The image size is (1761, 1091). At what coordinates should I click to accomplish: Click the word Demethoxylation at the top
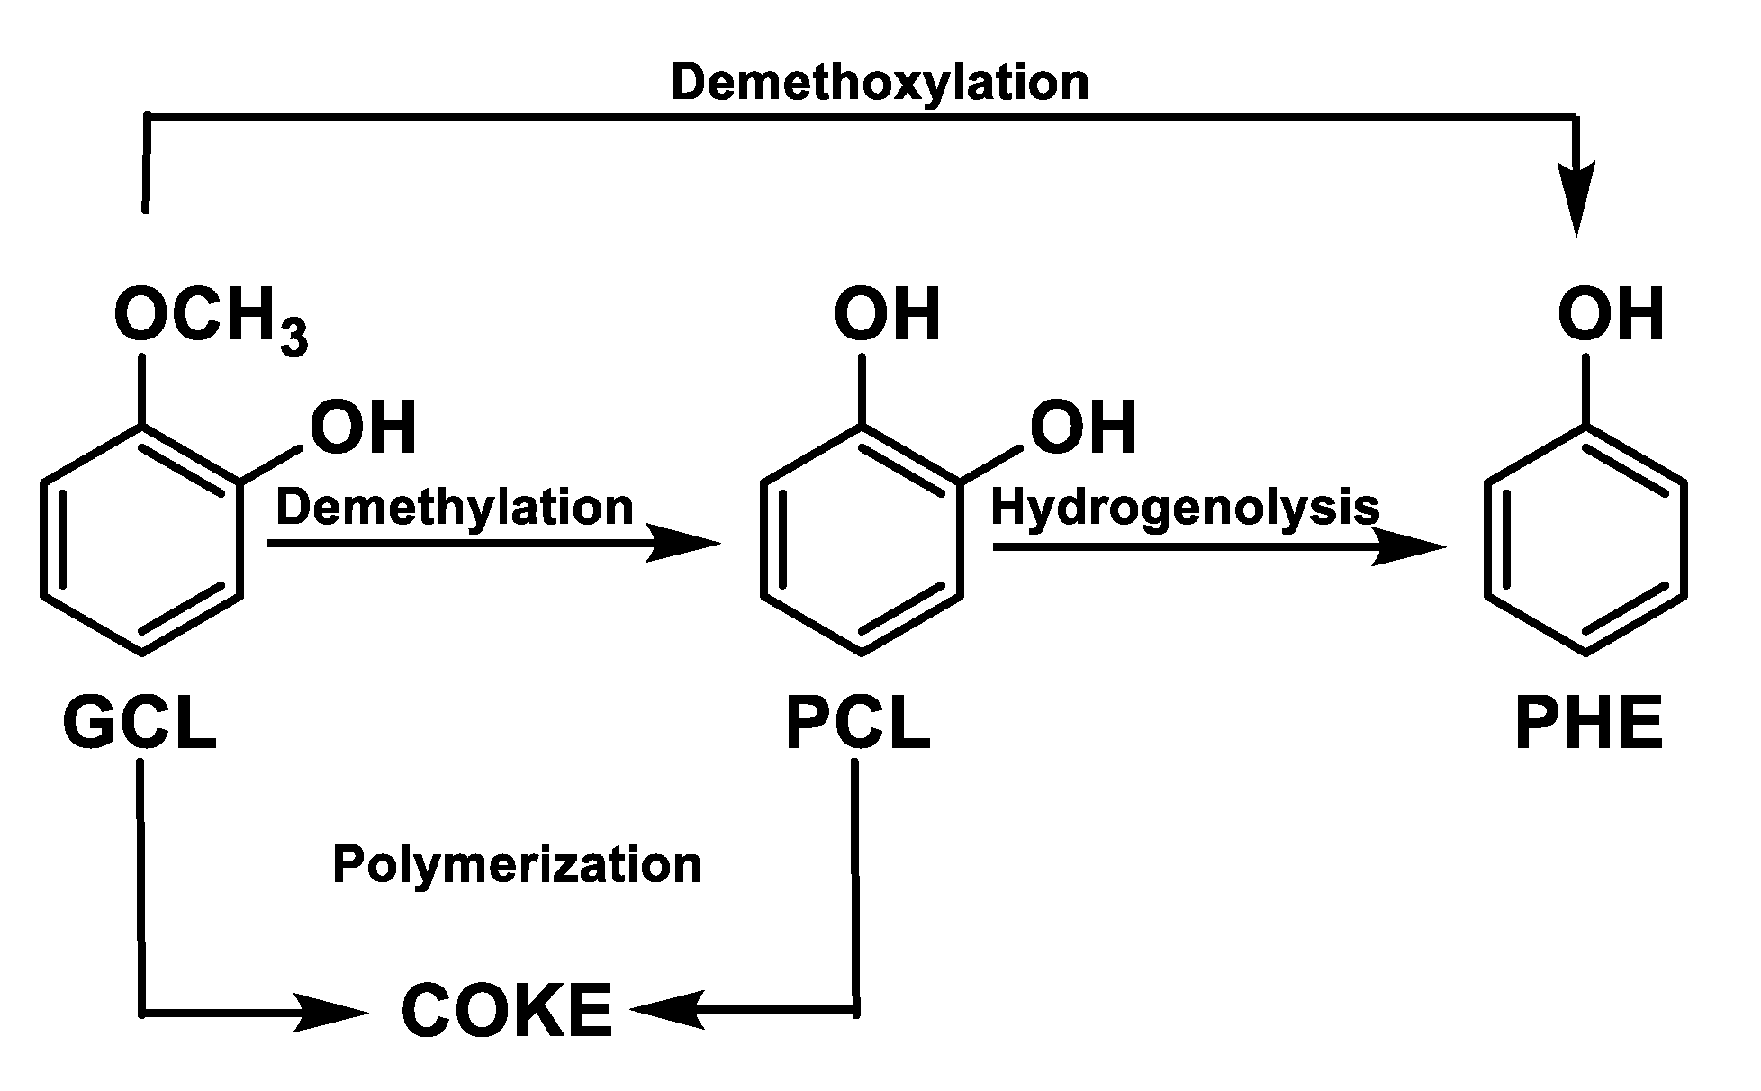[x=879, y=83]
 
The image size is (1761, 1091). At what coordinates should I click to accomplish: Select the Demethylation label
[x=455, y=508]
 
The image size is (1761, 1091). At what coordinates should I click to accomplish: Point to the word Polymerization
[x=517, y=865]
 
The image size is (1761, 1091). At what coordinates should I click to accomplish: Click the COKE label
[x=507, y=1011]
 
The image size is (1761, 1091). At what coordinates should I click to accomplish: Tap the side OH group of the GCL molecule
[x=364, y=428]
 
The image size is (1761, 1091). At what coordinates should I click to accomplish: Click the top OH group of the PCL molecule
[x=887, y=315]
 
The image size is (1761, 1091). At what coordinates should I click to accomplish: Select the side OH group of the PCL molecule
[x=1083, y=428]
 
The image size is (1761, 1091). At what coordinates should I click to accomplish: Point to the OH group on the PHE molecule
[x=1611, y=315]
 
